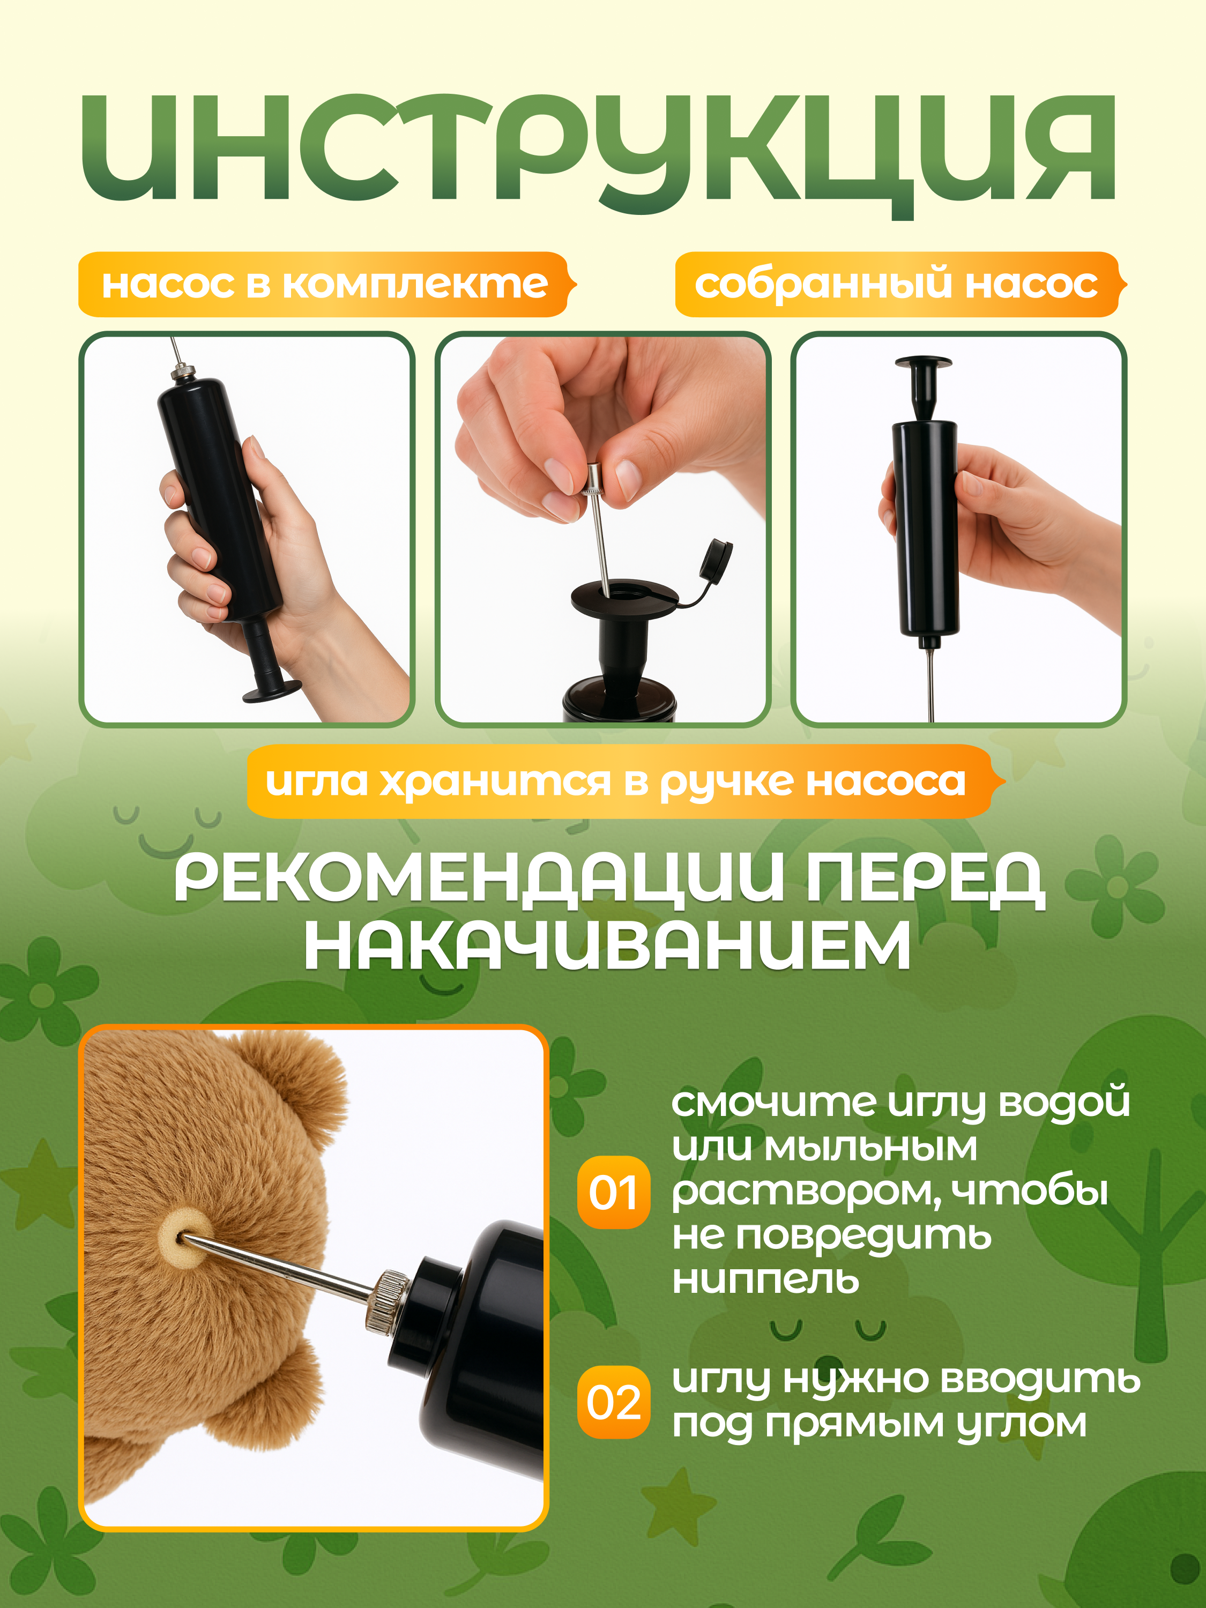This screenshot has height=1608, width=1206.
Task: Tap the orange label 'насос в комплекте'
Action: coord(324,284)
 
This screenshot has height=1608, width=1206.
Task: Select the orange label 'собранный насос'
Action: coord(896,284)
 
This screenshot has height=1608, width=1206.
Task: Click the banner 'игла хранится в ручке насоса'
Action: coord(616,782)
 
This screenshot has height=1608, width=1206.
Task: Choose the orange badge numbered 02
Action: coord(613,1402)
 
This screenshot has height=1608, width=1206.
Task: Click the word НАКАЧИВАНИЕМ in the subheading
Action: coord(607,946)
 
